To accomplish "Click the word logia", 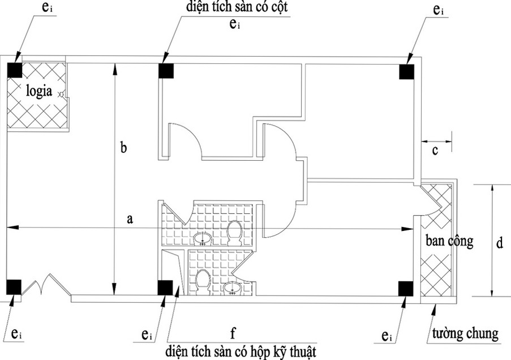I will click(37, 92).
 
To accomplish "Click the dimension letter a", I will click(131, 220).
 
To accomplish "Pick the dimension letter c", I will click(435, 150).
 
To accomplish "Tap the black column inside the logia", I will click(14, 68).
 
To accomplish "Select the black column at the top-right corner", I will click(406, 72).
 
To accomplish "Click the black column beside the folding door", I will click(14, 287).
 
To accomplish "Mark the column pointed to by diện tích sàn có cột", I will click(165, 71).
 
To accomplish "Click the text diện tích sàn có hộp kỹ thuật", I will click(242, 350).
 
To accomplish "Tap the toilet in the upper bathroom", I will click(234, 232).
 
